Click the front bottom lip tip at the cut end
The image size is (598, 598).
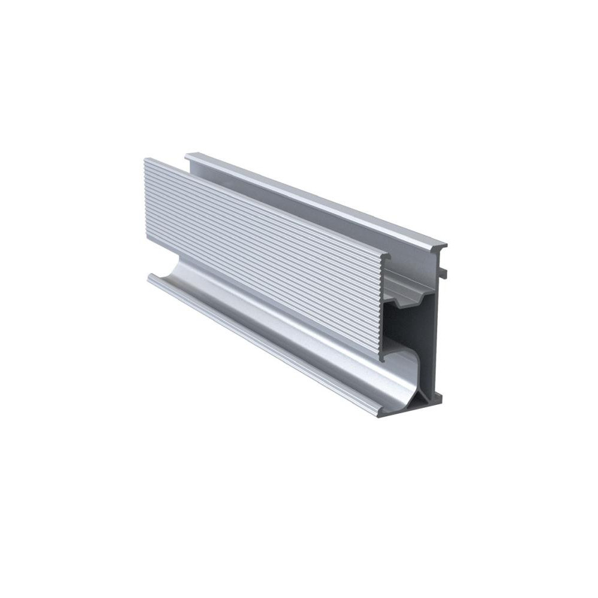(x=383, y=412)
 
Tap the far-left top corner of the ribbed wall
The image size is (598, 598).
(x=146, y=160)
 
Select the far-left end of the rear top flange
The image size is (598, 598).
(x=187, y=156)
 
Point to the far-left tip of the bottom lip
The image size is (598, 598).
(x=149, y=277)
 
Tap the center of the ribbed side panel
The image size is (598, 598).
(x=263, y=257)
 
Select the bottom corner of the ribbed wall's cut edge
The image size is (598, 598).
(x=381, y=359)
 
